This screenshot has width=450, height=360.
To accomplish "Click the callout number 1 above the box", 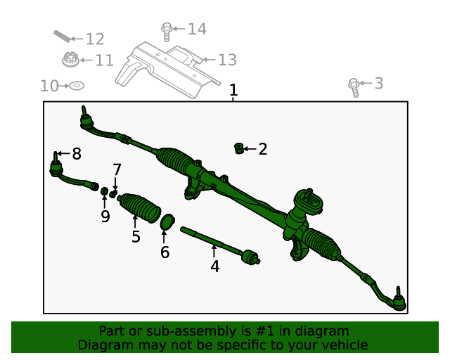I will coord(233,91).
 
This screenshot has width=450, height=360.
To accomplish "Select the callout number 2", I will coord(262,149).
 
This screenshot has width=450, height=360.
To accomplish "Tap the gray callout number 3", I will coord(378,84).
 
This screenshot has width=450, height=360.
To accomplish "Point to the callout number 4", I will coord(214,266).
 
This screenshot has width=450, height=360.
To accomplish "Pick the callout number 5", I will coord(136,236).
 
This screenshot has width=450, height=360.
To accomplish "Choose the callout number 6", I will coord(165,252).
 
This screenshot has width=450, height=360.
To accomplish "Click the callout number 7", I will coord(117,169).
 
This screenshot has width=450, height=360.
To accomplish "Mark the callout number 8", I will coord(76,153).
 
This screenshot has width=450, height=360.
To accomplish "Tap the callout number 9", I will coord(105,216).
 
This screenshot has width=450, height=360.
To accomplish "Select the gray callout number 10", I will coord(49,86).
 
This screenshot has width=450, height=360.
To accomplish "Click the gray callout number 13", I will coord(226,60).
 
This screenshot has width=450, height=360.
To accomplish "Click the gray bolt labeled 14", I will coord(167,31).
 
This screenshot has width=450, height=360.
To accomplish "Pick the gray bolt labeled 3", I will coord(354,86).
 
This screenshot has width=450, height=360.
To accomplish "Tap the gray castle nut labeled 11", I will coord(70,60).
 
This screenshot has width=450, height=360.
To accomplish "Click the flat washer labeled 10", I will coord(77,85).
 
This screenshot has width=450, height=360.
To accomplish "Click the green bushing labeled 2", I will coord(239,148).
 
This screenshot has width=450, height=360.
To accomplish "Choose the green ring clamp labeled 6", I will coord(167,222).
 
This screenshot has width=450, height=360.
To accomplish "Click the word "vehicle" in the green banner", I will coord(341,345).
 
